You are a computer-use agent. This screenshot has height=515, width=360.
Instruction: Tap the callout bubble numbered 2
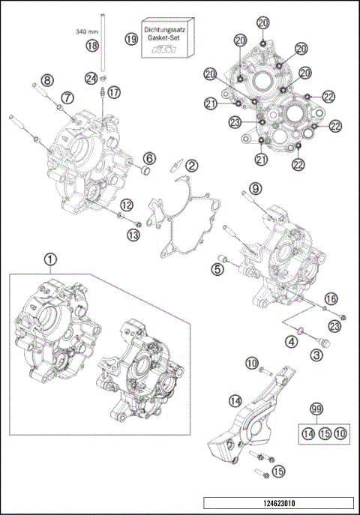click(192, 165)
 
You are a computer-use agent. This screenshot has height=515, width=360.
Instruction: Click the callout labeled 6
click(150, 158)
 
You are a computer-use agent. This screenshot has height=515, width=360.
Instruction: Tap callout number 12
click(127, 204)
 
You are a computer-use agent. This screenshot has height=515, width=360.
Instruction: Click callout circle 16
click(330, 298)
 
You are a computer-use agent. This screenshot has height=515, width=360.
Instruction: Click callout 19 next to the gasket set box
click(131, 39)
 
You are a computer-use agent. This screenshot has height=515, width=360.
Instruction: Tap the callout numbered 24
click(91, 77)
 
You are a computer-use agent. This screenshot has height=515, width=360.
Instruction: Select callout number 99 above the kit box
click(316, 409)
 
